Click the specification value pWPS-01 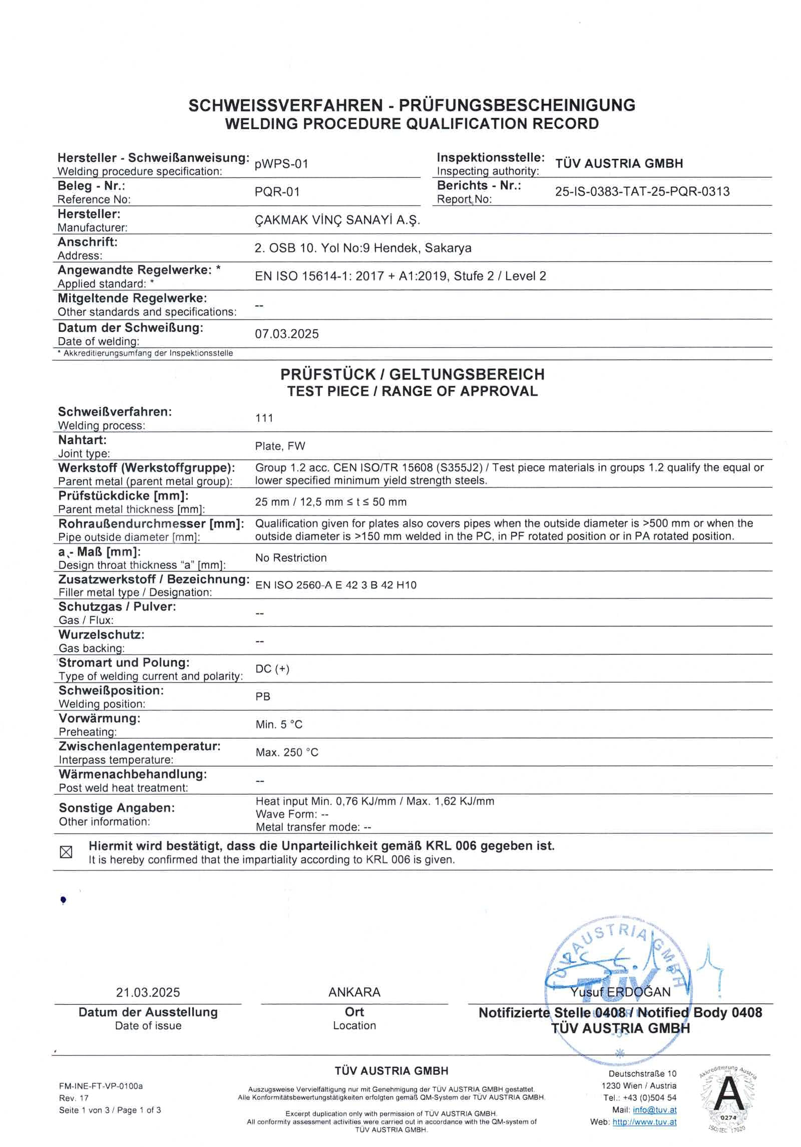pos(281,164)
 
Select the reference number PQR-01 pos(277,192)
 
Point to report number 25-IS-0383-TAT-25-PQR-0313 pos(642,191)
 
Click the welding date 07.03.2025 pos(286,334)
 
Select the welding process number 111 pos(264,418)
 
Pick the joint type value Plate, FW pos(280,446)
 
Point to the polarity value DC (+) pos(272,669)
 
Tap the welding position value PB pos(263,697)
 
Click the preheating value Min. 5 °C pos(279,725)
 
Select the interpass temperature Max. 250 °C pos(287,752)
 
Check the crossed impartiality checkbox pos(66,852)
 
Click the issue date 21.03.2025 pos(148,992)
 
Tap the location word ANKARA pos(354,992)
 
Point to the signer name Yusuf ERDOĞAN pos(620,992)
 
